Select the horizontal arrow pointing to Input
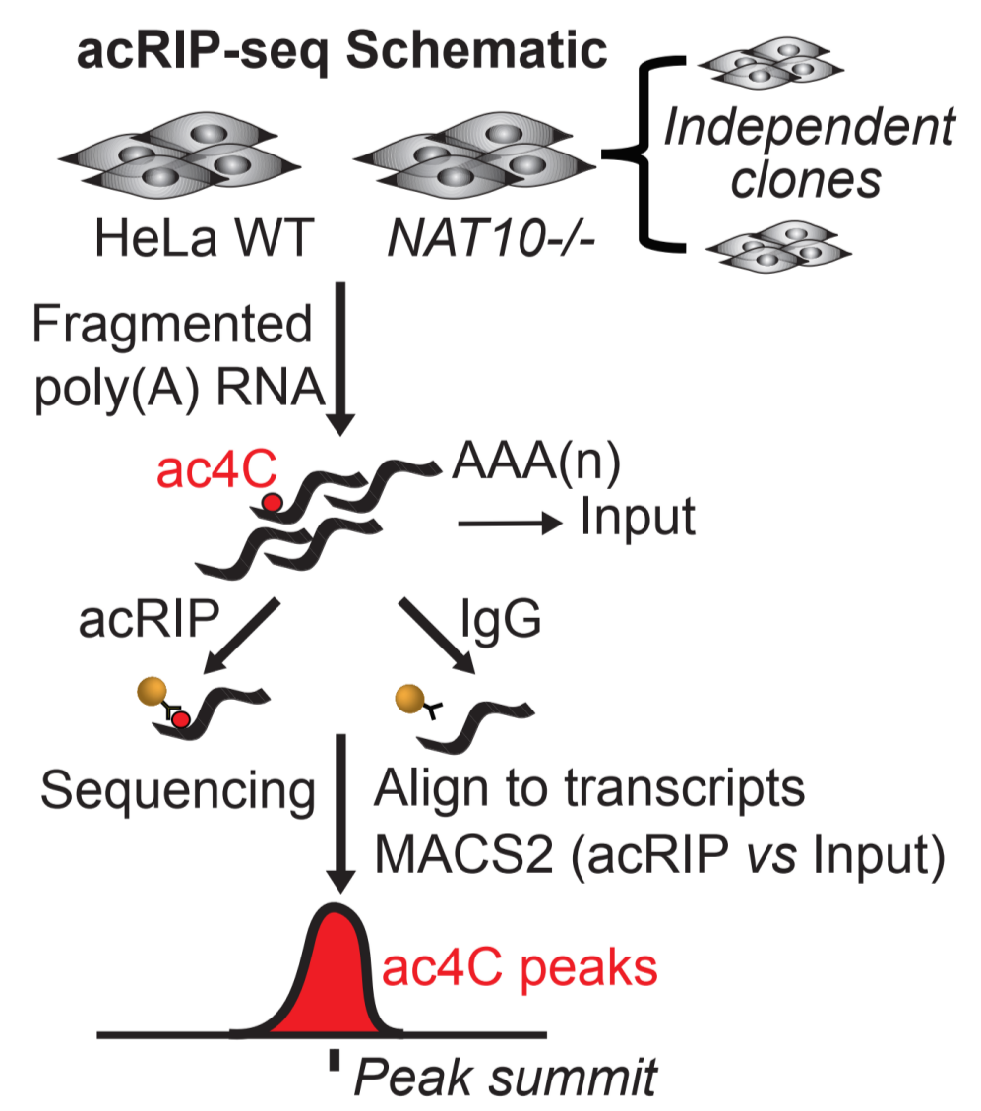click(512, 523)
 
